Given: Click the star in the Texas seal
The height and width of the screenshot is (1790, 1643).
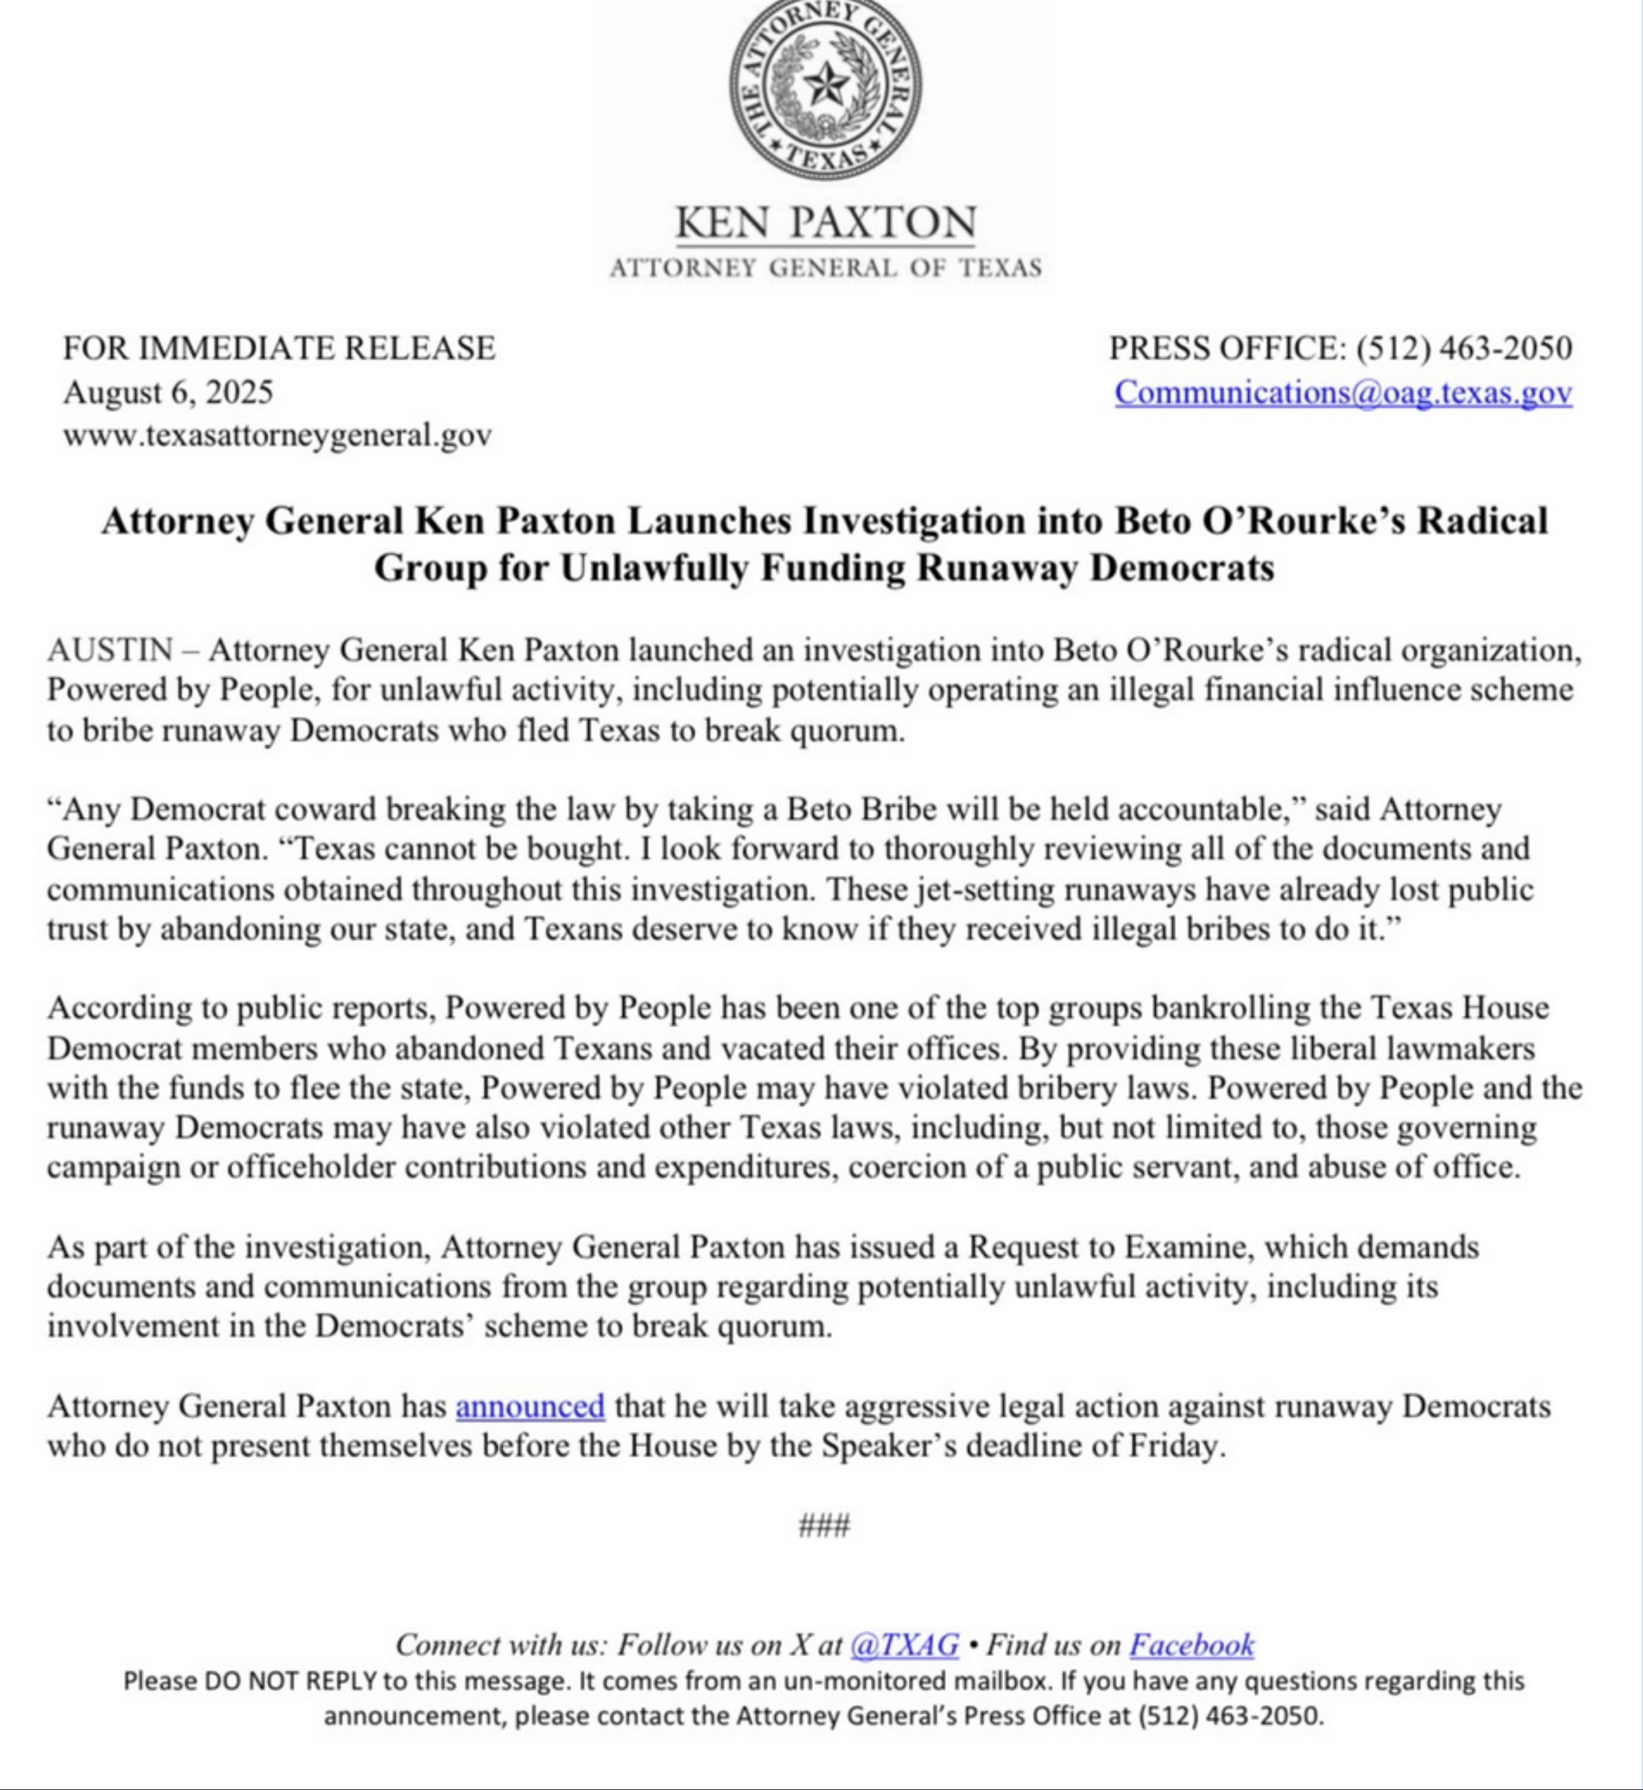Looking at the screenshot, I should point(825,86).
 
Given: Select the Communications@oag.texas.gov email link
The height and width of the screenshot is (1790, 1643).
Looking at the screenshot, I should point(1343,392).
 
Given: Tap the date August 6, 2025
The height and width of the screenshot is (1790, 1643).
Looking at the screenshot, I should point(168,392).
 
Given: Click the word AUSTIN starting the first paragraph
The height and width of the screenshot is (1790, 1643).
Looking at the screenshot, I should point(110,651).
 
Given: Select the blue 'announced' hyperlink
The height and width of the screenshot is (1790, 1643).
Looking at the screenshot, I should point(530,1406).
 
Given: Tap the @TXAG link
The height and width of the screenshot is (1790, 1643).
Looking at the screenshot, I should point(904,1644).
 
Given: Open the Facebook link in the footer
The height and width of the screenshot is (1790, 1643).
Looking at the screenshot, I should point(1191,1644).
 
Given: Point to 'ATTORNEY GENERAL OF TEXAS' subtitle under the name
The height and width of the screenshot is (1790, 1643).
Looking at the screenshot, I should point(825,267).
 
